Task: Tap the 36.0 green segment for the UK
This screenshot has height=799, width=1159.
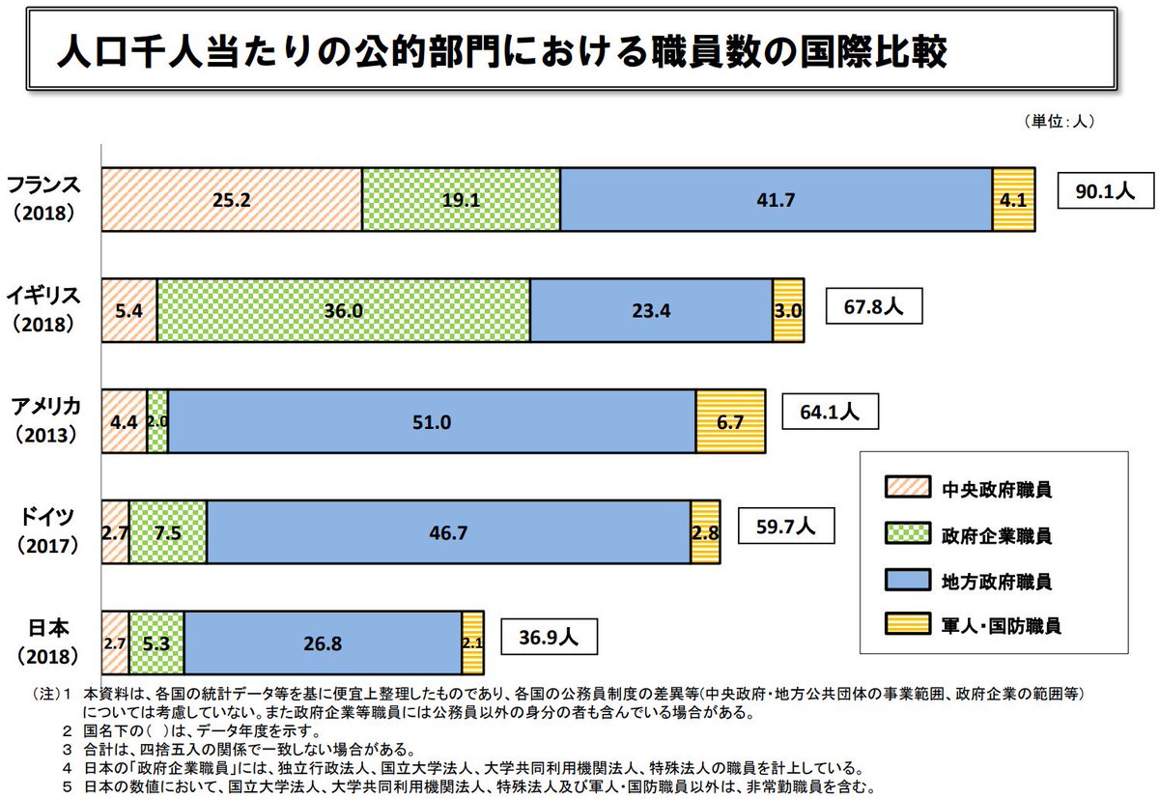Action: (344, 311)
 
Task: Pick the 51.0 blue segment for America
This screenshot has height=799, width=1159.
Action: (432, 421)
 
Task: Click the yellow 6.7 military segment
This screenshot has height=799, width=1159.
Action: (730, 421)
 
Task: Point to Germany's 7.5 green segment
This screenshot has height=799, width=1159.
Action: (168, 532)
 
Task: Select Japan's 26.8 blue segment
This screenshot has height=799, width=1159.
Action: (323, 642)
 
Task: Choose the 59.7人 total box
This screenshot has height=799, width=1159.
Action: (785, 528)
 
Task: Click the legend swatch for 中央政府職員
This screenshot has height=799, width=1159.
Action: (906, 488)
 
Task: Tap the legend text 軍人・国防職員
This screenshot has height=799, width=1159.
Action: (1001, 625)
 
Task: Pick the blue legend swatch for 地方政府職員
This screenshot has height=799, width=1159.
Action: (906, 580)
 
